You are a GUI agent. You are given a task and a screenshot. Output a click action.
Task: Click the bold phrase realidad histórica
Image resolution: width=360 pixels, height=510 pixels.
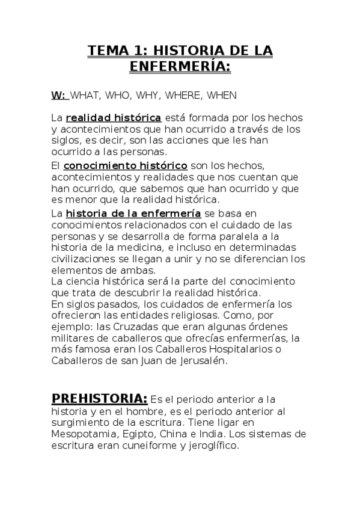[113, 117]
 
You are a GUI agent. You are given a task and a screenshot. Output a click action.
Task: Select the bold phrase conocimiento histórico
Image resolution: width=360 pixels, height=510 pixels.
[125, 165]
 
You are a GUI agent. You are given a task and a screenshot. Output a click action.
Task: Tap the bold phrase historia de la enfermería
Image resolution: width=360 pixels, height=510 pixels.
[133, 214]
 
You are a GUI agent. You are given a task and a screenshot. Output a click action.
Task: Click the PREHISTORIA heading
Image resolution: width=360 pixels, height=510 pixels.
[99, 399]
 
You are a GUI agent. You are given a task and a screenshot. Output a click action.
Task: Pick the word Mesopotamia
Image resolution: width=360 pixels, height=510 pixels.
[82, 434]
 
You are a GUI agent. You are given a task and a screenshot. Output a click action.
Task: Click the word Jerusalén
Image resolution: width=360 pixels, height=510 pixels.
[202, 361]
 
